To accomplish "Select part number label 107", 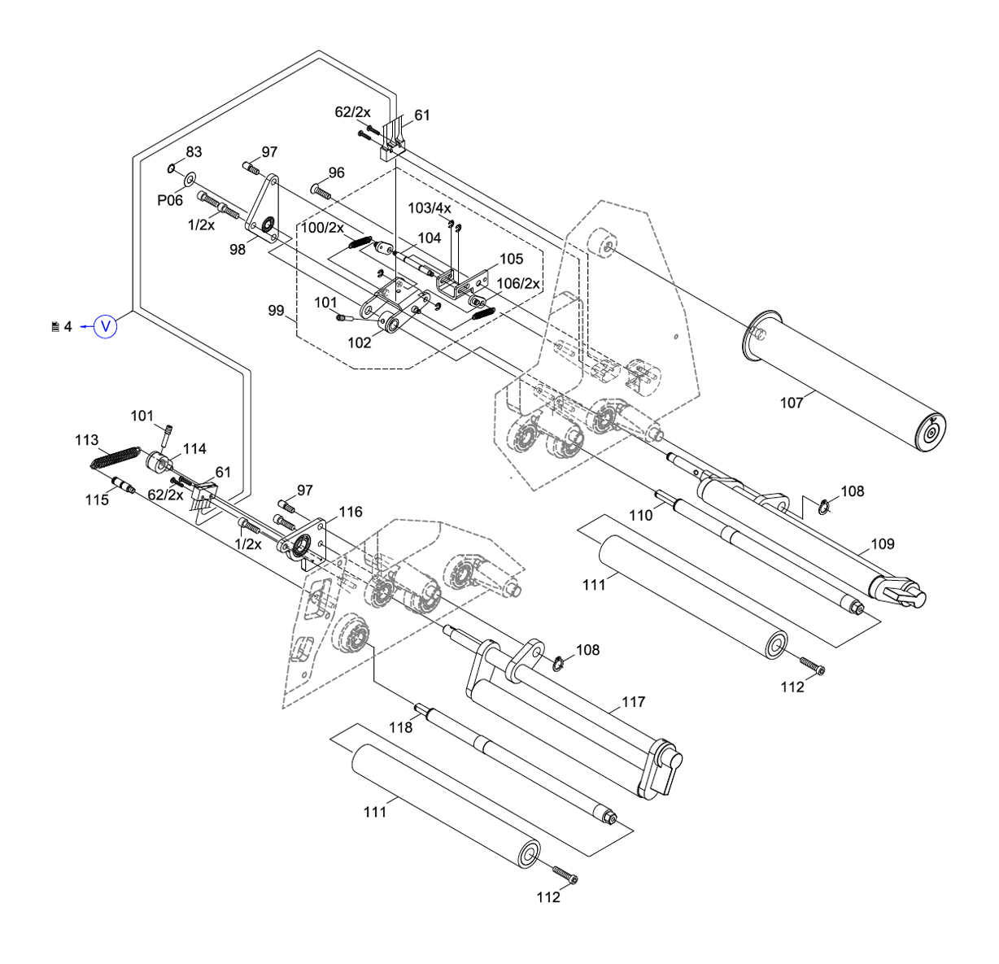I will (x=791, y=402).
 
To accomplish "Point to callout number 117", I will (x=633, y=701).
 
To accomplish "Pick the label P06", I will (x=170, y=200).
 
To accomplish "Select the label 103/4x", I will (x=429, y=208).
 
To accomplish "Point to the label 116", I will (x=351, y=512).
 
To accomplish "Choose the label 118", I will (x=400, y=727).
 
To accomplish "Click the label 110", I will (x=641, y=515).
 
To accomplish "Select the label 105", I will (x=511, y=259).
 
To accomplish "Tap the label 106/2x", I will (x=518, y=283).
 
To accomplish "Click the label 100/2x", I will (x=323, y=227).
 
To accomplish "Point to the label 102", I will (x=359, y=342).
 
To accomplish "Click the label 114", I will (x=194, y=448).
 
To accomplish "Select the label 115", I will (x=97, y=499).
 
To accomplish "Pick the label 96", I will (x=337, y=172).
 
